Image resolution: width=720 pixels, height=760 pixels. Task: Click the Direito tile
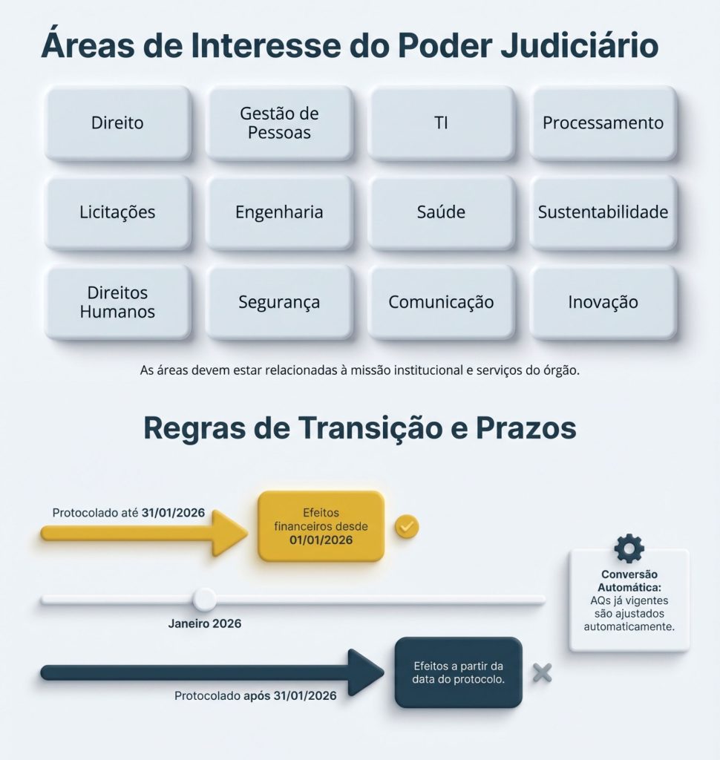pos(117,123)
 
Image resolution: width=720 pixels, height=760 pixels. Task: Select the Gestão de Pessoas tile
pos(279,123)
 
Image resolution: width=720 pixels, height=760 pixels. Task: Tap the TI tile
pos(441,123)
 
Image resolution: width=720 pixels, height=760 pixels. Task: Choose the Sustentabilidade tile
pos(603,212)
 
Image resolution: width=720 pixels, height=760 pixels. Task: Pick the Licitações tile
pos(117,212)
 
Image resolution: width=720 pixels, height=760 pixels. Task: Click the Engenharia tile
pos(279,212)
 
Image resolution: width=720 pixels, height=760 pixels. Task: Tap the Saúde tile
pos(441,212)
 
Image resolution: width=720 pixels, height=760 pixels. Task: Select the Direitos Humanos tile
pos(117,302)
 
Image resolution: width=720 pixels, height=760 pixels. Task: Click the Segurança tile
pos(279,302)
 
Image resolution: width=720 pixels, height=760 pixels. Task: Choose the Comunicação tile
pos(441,302)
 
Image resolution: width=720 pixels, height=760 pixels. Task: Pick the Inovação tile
pos(603,302)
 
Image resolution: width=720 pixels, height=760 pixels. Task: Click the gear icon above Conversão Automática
pos(629,548)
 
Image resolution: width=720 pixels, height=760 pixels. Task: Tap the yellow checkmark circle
pos(406,526)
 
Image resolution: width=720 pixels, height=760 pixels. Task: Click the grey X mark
pos(543,672)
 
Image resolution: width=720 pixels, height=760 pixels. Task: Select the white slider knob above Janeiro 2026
pos(204,599)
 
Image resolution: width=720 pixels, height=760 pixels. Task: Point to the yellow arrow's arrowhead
pos(229,532)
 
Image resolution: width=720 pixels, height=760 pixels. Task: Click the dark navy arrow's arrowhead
pos(365,672)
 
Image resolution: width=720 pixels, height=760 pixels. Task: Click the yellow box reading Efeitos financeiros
pos(321,526)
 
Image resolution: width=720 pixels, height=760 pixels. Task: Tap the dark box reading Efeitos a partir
pos(458,672)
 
